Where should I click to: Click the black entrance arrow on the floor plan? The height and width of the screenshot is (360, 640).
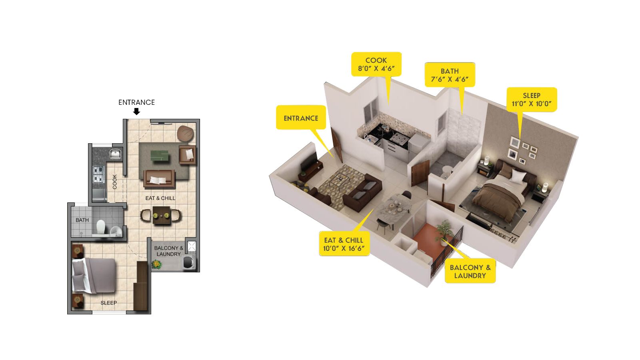point(136,112)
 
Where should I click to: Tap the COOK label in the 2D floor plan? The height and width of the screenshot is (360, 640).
point(114,182)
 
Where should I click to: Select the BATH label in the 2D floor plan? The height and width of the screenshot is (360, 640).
point(82,220)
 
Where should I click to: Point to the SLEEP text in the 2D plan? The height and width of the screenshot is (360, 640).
point(108,303)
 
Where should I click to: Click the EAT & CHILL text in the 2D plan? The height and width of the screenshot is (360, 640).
point(160,198)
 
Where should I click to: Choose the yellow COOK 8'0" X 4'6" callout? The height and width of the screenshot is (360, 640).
point(376,64)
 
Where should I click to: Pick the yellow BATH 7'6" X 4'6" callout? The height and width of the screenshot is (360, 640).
point(450,75)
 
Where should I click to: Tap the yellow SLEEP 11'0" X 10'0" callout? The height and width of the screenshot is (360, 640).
point(532,100)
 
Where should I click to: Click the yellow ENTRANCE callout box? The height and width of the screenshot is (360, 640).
point(301,118)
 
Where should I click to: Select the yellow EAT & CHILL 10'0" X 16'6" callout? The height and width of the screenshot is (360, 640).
point(344,244)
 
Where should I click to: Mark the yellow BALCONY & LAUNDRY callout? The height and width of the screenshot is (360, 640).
point(470,271)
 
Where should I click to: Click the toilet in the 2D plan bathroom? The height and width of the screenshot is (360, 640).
point(100,226)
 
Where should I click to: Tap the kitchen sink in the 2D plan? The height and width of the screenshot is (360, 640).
point(116,154)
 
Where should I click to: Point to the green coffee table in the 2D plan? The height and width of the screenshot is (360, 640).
point(160,156)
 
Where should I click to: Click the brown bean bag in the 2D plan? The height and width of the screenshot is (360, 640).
point(186,134)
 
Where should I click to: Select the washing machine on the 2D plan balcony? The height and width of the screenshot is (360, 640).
point(189,263)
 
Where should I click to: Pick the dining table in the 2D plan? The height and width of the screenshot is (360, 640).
point(162,215)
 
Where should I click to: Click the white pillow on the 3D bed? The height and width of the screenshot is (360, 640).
point(518,175)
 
